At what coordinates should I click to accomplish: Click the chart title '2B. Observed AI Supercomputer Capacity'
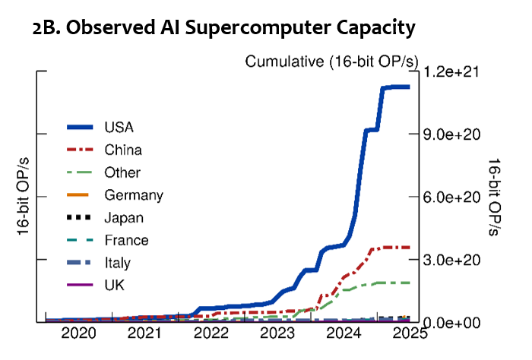[224, 28]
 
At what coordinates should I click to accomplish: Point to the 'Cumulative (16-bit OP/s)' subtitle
[328, 62]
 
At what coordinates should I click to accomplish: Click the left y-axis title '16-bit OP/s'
[23, 197]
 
